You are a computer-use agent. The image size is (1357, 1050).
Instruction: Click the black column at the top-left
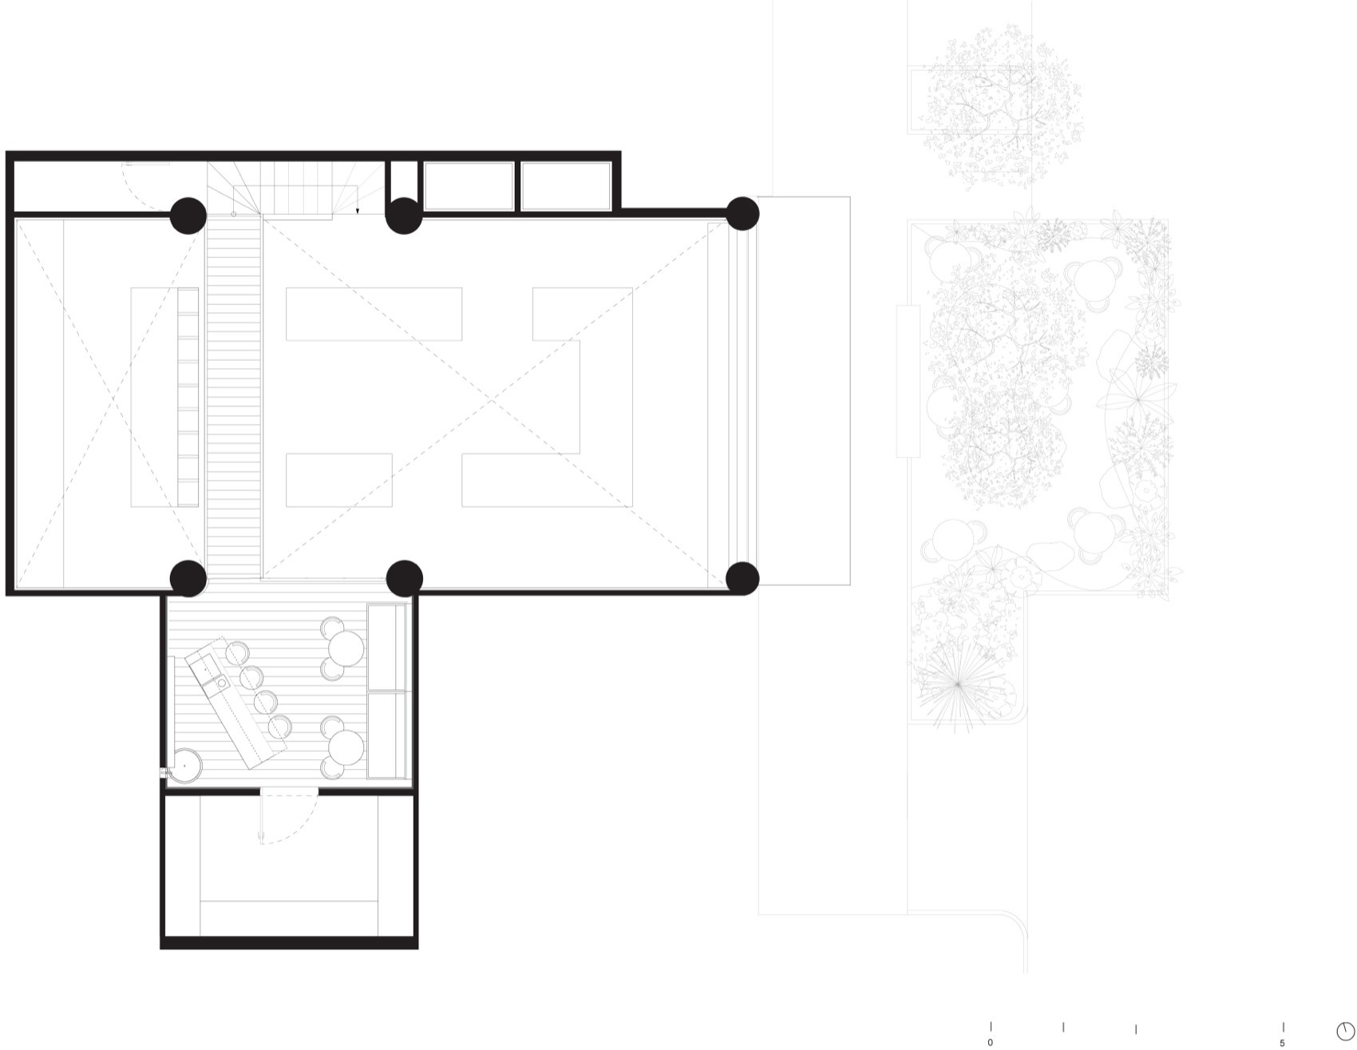click(x=188, y=215)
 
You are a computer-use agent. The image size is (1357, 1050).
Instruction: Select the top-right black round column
click(x=742, y=214)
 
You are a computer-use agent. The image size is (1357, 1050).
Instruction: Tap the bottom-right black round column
click(x=742, y=578)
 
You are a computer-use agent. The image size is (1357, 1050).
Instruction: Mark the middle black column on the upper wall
click(x=404, y=215)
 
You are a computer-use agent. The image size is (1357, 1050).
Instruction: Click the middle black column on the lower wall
click(x=404, y=578)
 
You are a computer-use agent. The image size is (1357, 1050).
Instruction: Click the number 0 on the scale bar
click(x=991, y=1043)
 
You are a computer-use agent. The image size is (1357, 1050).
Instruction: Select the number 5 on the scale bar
click(x=1283, y=1043)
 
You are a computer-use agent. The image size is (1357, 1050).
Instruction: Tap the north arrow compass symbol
click(x=1345, y=1031)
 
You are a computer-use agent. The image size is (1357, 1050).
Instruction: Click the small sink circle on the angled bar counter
click(x=220, y=683)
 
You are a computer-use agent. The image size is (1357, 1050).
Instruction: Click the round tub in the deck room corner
click(x=184, y=766)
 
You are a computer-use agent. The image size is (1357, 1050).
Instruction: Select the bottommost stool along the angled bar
click(x=279, y=727)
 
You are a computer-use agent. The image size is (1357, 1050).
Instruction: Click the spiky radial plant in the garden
click(x=958, y=683)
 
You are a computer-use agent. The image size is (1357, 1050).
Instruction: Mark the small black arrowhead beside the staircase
click(x=358, y=211)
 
